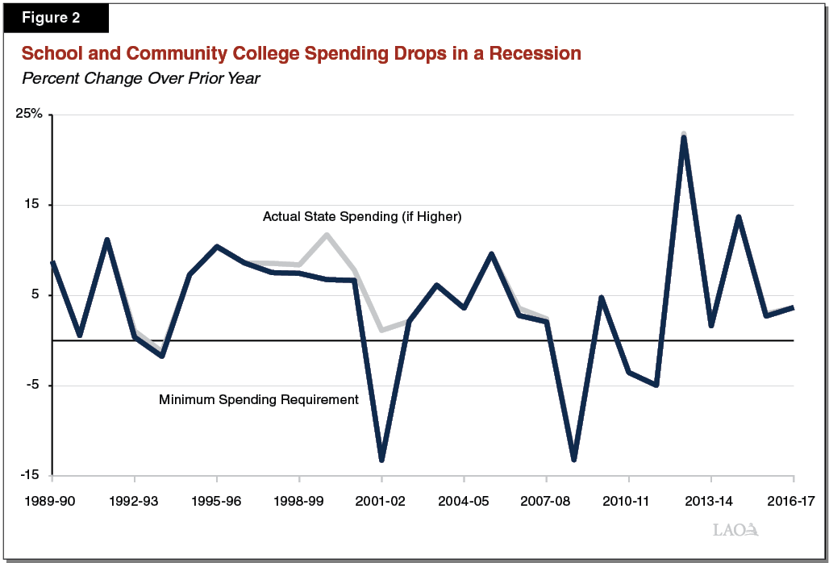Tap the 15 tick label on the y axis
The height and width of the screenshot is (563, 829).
(x=35, y=205)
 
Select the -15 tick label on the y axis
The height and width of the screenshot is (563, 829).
(x=31, y=475)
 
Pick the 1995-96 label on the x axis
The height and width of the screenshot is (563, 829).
(x=217, y=501)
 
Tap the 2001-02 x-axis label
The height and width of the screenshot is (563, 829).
(x=381, y=501)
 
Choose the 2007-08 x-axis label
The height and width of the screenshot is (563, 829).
(x=547, y=501)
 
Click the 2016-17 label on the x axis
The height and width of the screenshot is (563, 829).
(x=793, y=501)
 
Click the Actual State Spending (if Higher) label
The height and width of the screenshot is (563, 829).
(x=362, y=217)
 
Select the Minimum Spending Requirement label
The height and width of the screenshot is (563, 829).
(x=258, y=399)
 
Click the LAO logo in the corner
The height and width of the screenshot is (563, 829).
(x=735, y=530)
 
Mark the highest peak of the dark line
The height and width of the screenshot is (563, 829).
(x=683, y=137)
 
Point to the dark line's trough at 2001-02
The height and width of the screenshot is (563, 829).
(x=381, y=460)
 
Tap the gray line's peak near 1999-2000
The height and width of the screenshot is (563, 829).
(x=327, y=235)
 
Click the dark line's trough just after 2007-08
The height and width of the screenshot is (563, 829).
(x=573, y=460)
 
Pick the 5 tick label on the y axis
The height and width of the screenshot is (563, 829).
(x=38, y=295)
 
